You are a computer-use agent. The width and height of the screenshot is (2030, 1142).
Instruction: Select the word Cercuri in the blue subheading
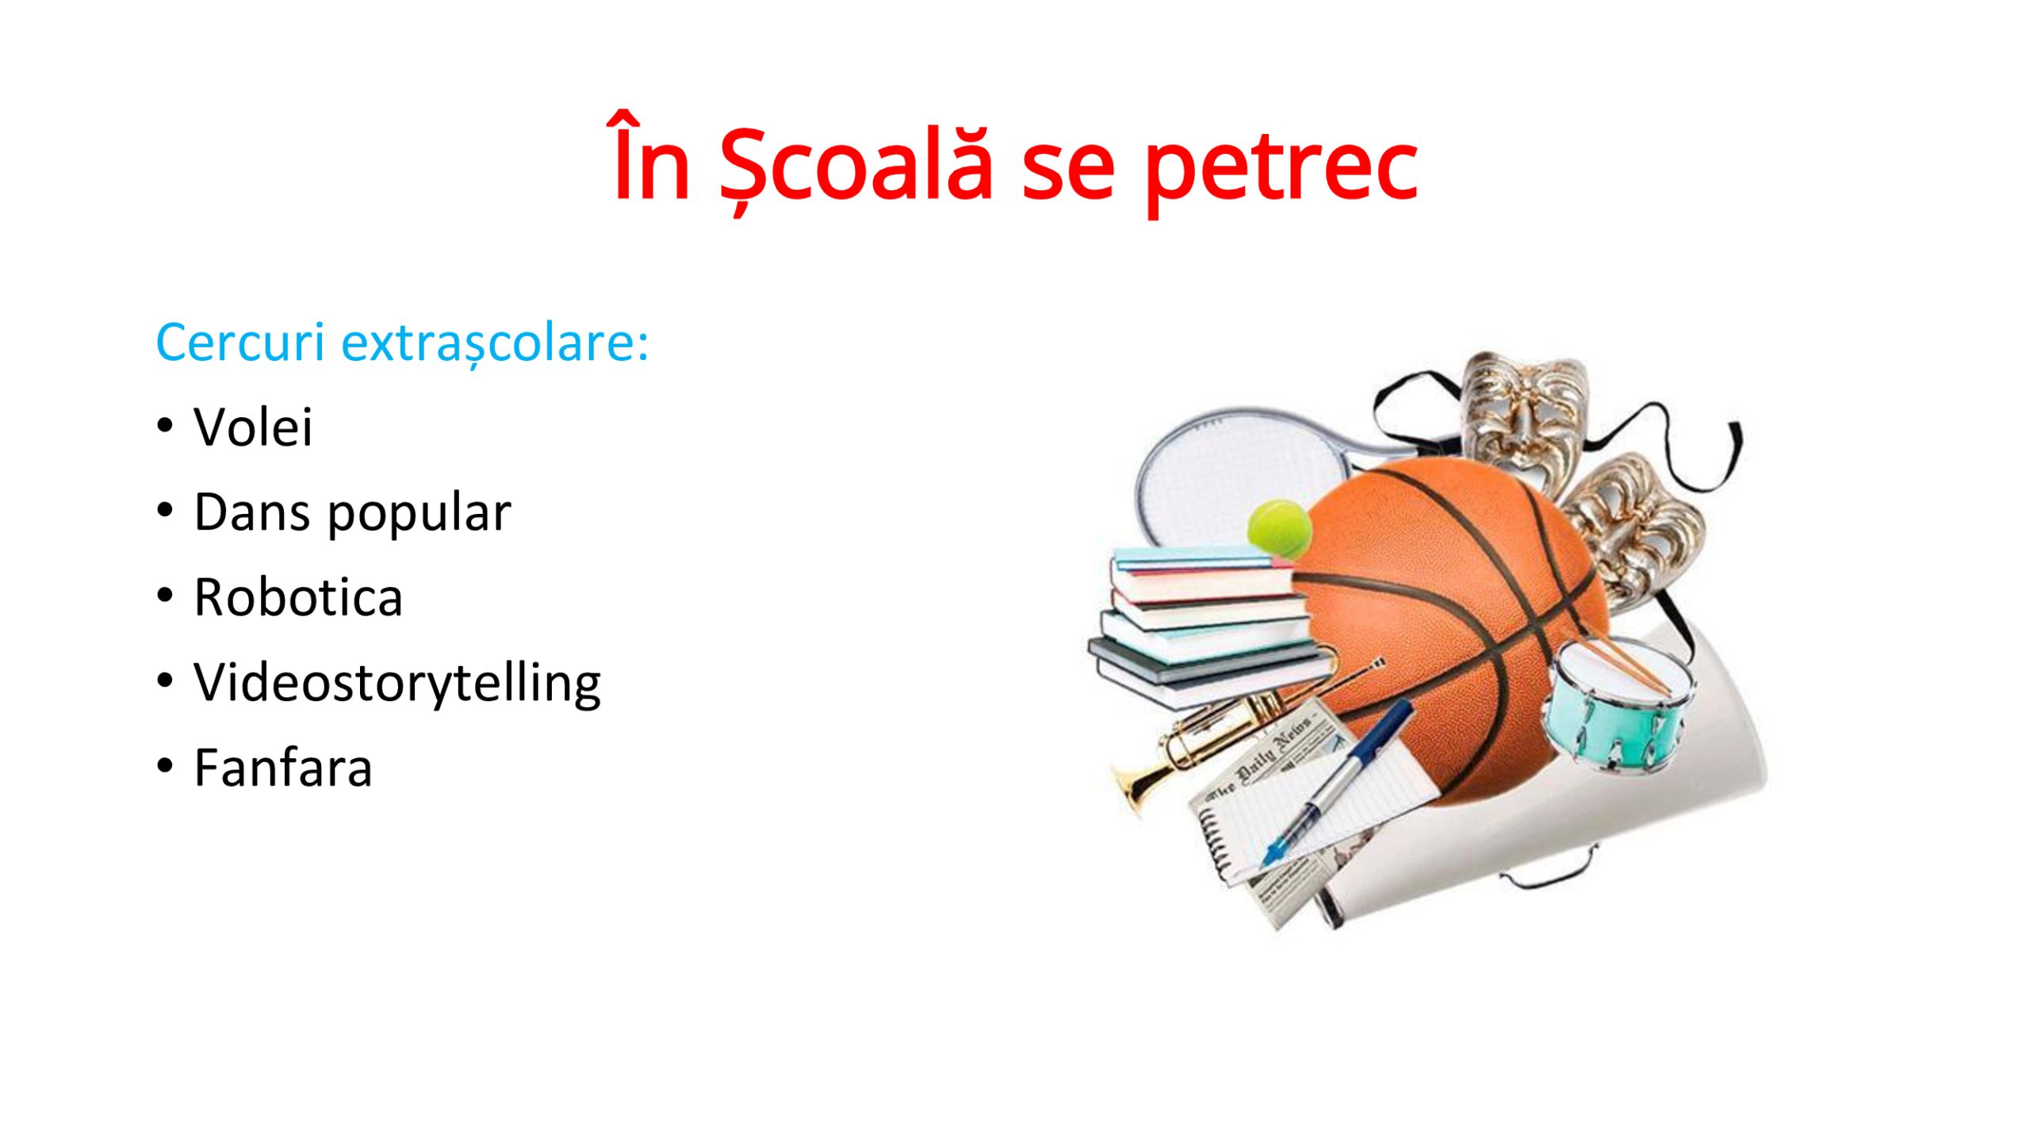click(x=240, y=343)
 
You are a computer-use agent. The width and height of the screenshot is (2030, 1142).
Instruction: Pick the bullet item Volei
click(x=253, y=427)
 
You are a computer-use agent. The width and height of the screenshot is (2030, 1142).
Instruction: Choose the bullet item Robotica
click(x=298, y=597)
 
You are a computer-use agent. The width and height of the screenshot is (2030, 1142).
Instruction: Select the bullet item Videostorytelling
click(x=397, y=684)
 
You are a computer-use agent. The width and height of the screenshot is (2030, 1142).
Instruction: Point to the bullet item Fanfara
click(x=283, y=768)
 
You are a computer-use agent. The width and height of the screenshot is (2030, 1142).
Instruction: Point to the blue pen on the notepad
click(x=1338, y=782)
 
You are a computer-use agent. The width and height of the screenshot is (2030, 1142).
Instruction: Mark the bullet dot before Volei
click(x=164, y=426)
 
